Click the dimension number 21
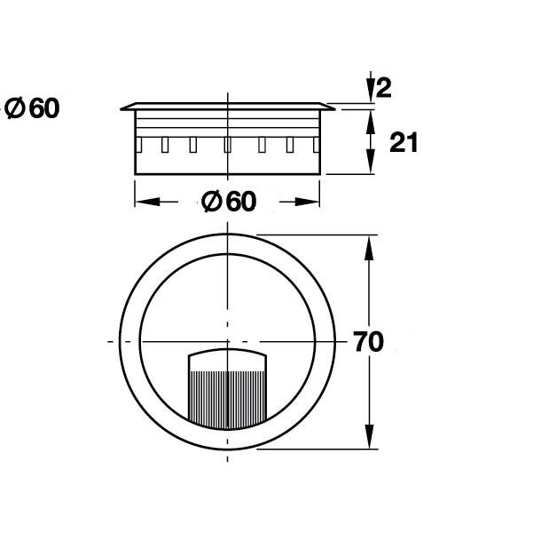point(404,143)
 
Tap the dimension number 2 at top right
point(384,88)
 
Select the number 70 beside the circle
point(369,342)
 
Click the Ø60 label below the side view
point(229,202)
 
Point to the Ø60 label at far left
point(32,108)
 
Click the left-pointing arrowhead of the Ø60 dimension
point(147,202)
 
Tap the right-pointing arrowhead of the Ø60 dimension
point(307,202)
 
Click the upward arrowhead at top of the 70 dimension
point(369,248)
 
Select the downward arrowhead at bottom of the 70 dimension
point(369,436)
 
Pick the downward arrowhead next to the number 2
point(371,90)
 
